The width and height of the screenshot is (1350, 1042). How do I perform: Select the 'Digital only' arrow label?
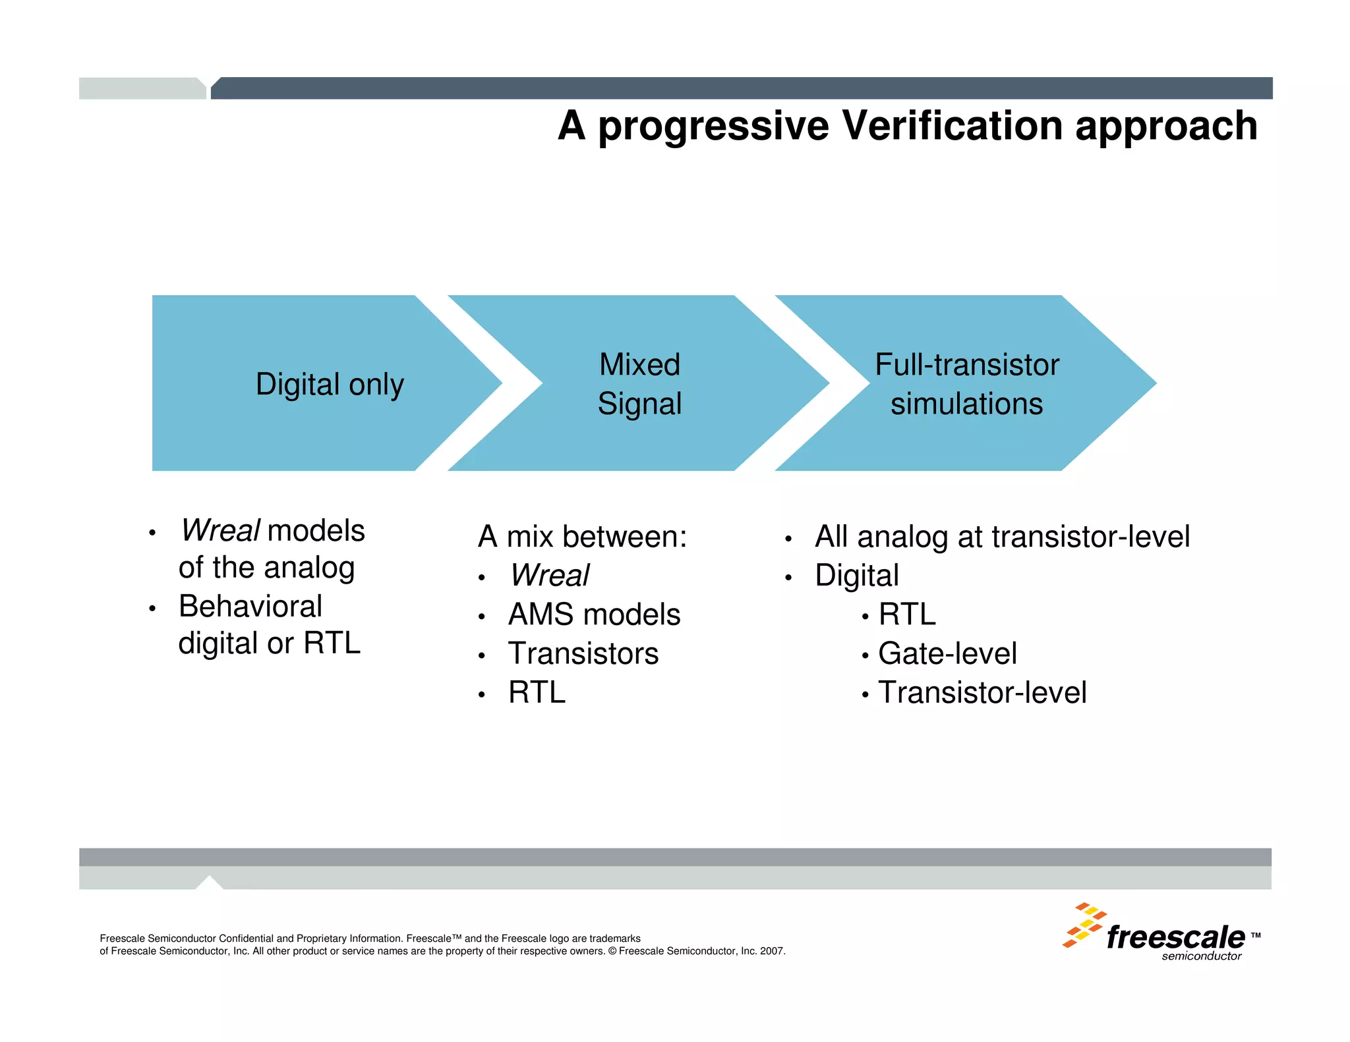click(x=330, y=384)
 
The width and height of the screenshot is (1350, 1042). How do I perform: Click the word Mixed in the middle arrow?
click(x=639, y=364)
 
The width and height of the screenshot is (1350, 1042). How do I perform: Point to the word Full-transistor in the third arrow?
click(x=966, y=364)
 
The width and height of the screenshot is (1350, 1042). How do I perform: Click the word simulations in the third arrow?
click(x=966, y=404)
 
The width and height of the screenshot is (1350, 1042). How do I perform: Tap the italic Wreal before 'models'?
click(x=220, y=531)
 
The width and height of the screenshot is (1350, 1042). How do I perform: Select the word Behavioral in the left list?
click(x=250, y=606)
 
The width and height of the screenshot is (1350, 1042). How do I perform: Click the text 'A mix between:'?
click(x=582, y=536)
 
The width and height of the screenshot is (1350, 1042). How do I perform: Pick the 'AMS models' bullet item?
click(x=594, y=615)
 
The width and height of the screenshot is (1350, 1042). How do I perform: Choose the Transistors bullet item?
click(x=583, y=653)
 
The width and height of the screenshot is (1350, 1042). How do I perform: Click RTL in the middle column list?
click(x=537, y=692)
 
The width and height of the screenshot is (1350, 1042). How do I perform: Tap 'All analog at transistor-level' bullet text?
click(x=1002, y=536)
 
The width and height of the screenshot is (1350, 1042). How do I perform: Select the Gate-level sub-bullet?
click(x=947, y=653)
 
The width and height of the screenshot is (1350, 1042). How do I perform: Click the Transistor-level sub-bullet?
click(x=982, y=692)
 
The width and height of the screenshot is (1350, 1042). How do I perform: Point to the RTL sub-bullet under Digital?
click(x=907, y=615)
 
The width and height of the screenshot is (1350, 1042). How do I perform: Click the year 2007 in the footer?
click(x=772, y=951)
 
